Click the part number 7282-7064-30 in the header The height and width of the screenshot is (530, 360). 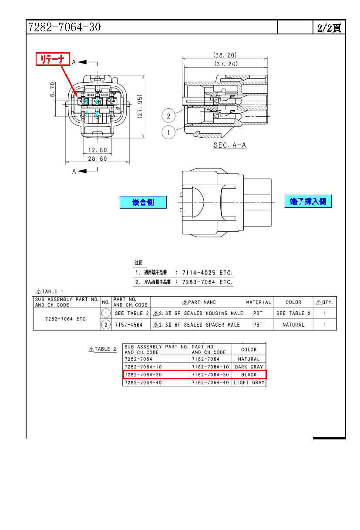pyautogui.click(x=64, y=27)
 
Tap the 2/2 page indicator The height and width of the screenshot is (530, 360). pyautogui.click(x=329, y=28)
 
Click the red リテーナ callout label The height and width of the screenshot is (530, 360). pyautogui.click(x=53, y=59)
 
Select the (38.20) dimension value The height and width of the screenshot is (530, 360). pyautogui.click(x=225, y=55)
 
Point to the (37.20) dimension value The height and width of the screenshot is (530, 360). pyautogui.click(x=225, y=64)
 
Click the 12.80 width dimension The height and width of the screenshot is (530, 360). pyautogui.click(x=97, y=150)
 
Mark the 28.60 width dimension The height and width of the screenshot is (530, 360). pyautogui.click(x=97, y=159)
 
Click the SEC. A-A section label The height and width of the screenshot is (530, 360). pyautogui.click(x=229, y=145)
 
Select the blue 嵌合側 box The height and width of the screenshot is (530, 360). pyautogui.click(x=143, y=203)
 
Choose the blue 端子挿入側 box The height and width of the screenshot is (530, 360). pyautogui.click(x=308, y=201)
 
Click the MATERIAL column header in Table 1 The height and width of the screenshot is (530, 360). pyautogui.click(x=259, y=302)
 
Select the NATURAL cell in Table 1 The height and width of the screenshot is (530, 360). pyautogui.click(x=293, y=324)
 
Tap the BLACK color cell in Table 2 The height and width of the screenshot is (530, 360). pyautogui.click(x=249, y=375)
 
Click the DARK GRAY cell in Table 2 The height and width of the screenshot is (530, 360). pyautogui.click(x=249, y=367)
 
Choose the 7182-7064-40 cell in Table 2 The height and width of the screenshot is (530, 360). pyautogui.click(x=210, y=382)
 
